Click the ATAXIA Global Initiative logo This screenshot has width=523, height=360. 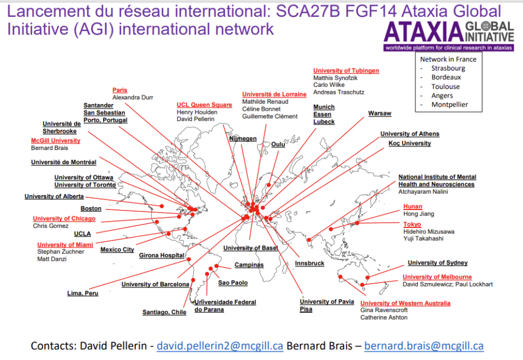pyautogui.click(x=449, y=36)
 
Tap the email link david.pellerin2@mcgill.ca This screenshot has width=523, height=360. pyautogui.click(x=220, y=346)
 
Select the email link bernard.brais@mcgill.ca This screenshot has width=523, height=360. pyautogui.click(x=424, y=346)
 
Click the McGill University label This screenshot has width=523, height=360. pyautogui.click(x=56, y=141)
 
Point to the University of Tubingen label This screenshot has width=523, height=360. pyautogui.click(x=346, y=71)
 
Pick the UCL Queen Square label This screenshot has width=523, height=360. pyautogui.click(x=204, y=105)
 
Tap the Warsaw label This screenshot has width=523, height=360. pyautogui.click(x=379, y=113)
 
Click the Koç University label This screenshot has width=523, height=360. pyautogui.click(x=409, y=143)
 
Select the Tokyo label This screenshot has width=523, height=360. pyautogui.click(x=412, y=224)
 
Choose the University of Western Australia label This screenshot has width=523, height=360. pyautogui.click(x=405, y=303)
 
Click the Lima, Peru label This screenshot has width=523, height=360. pyautogui.click(x=83, y=293)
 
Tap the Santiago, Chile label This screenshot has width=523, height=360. pyautogui.click(x=164, y=313)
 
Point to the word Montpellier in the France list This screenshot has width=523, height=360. pyautogui.click(x=450, y=105)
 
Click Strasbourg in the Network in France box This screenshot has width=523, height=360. pyautogui.click(x=448, y=68)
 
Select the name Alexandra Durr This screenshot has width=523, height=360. pyautogui.click(x=133, y=97)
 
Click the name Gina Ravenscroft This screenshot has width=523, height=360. pyautogui.click(x=384, y=310)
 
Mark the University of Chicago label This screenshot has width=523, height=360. pyautogui.click(x=64, y=219)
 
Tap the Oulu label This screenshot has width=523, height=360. pyautogui.click(x=278, y=145)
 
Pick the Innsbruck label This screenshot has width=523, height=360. pyautogui.click(x=310, y=263)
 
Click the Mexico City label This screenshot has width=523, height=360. pyautogui.click(x=117, y=250)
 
